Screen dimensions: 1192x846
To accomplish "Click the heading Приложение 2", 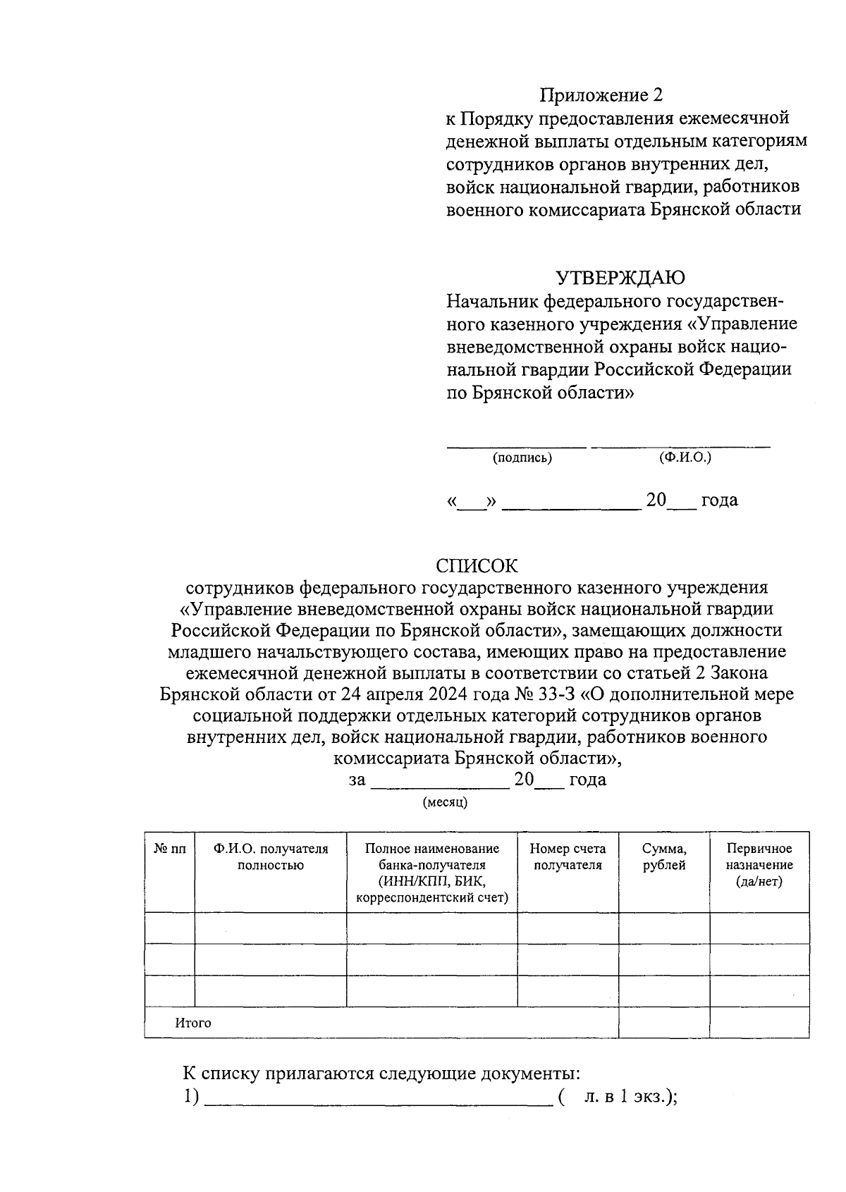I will point(601,95).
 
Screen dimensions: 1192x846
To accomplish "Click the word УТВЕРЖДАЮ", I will point(620,278).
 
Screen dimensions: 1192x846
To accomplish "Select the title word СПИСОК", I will point(477,566).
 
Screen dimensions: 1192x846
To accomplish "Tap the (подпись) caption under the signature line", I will point(522,458).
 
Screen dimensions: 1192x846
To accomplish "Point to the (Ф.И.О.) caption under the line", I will point(685,457).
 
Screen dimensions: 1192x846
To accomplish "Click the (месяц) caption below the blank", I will point(445,802).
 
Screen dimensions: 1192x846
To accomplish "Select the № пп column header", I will point(169,849).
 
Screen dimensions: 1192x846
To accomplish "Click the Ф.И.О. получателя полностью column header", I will point(271,857).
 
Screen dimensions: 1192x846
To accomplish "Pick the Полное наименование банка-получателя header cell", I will point(431,873).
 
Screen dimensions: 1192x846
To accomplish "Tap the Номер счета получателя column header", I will point(568,857).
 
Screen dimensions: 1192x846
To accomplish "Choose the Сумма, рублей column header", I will point(664,857).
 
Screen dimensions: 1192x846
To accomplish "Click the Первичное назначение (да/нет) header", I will point(759,865).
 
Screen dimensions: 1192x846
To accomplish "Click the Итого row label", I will point(193,1023).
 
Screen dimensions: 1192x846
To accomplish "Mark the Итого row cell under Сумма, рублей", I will point(664,1023).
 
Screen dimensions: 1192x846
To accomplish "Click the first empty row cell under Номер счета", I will point(568,928).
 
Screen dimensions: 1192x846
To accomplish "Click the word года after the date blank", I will point(719,500).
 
